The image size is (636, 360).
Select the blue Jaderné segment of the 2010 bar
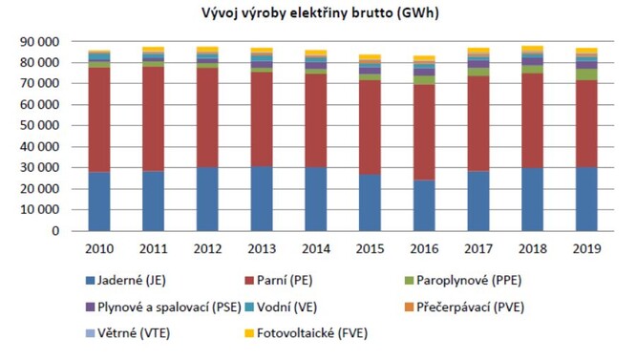(x=98, y=201)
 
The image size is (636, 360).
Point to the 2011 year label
(x=153, y=248)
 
